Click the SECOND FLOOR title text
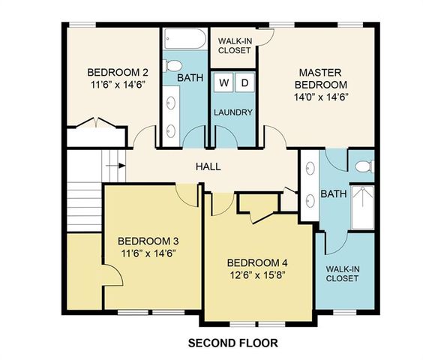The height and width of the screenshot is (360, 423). pos(232,343)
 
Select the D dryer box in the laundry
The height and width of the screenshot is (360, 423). pos(244,82)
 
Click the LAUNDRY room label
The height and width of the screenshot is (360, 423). pos(233,113)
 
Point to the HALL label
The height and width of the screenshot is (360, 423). pos(208,166)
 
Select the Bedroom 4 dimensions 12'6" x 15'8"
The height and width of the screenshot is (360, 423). pos(256,274)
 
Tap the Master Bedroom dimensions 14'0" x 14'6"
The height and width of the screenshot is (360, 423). pos(320,97)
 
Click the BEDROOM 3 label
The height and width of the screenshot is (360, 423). pos(148,241)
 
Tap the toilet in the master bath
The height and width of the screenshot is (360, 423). pos(364,166)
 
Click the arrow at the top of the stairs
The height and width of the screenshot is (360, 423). pos(114,165)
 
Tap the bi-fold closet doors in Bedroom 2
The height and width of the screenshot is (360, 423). pos(95,123)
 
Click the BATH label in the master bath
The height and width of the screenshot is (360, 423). pos(334,194)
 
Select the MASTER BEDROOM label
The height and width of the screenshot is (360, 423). pos(320,78)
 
